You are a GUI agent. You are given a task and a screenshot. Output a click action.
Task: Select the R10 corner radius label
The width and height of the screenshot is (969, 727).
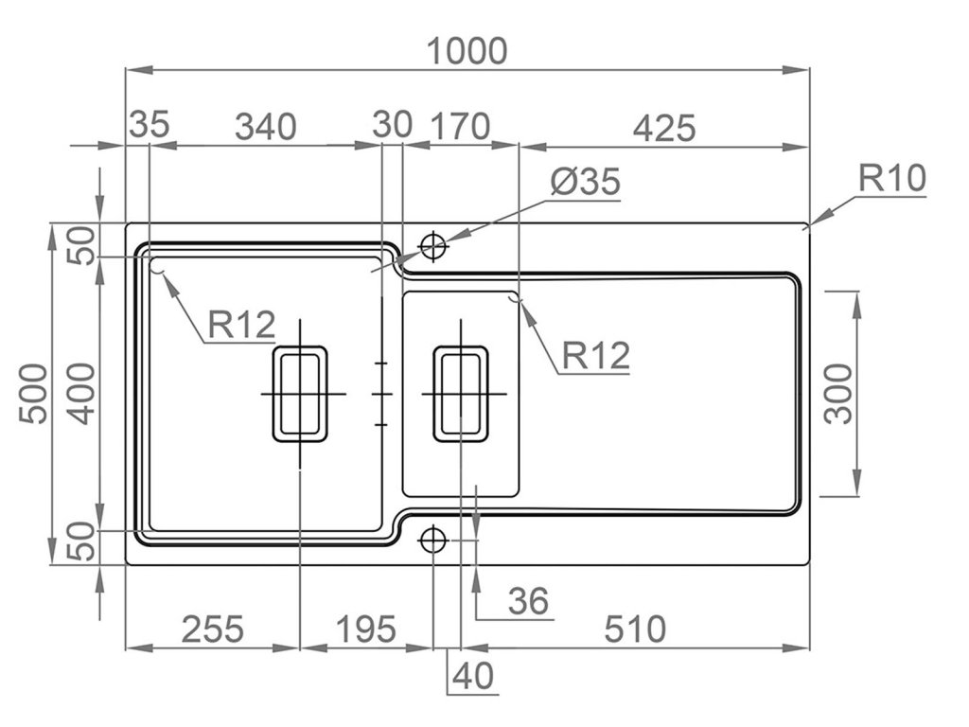click(x=892, y=178)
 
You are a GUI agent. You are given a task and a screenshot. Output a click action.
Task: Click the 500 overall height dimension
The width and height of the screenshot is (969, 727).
click(x=33, y=393)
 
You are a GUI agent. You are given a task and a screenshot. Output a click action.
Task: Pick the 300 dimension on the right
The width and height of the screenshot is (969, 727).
click(x=839, y=393)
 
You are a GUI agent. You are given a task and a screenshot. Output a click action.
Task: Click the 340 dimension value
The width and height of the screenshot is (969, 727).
click(x=265, y=126)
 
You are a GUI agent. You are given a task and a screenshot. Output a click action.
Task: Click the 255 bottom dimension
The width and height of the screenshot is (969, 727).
click(x=212, y=628)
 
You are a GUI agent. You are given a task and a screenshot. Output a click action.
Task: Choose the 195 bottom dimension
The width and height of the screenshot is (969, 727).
click(x=364, y=628)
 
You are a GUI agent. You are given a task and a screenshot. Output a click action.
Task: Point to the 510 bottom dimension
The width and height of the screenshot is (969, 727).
click(x=635, y=628)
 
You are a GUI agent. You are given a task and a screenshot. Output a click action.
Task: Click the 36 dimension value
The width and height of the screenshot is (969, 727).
click(x=528, y=600)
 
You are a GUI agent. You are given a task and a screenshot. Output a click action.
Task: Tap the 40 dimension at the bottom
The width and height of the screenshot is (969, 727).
click(x=473, y=676)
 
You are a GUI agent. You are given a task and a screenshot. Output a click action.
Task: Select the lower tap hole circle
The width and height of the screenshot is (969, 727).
click(x=432, y=540)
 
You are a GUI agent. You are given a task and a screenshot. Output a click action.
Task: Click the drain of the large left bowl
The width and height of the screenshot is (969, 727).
click(x=300, y=393)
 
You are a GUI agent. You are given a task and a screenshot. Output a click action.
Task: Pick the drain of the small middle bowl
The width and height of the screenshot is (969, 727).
click(x=461, y=393)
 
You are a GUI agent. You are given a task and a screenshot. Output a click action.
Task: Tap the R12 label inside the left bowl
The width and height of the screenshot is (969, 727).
click(x=241, y=326)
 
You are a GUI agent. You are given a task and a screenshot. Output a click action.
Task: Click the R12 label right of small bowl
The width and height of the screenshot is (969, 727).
click(x=595, y=356)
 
